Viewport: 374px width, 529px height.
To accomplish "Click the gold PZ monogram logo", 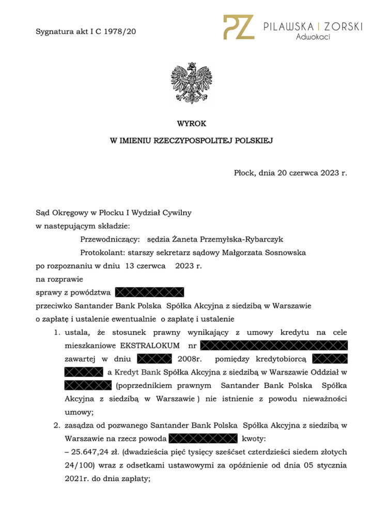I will coord(238,27).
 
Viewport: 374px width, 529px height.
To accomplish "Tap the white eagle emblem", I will coord(191,83).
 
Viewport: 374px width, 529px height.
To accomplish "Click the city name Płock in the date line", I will coord(244,173).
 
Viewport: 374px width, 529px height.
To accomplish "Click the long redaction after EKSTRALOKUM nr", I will coord(274,345).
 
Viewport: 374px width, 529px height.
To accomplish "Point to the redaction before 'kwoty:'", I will coord(202,439).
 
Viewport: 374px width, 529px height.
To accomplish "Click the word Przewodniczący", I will coord(111,239).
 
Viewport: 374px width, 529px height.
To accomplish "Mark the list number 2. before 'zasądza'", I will coord(57,426).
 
